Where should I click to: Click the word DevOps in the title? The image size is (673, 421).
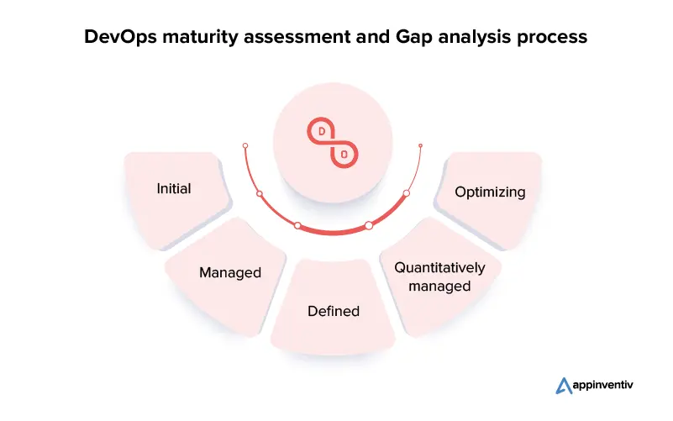tap(121, 36)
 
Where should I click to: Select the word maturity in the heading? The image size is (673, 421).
tap(200, 37)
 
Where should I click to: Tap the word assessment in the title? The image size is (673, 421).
tap(297, 37)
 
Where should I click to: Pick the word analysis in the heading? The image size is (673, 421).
tap(475, 37)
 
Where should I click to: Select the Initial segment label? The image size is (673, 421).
tap(174, 188)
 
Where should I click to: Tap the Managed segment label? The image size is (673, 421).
tap(230, 272)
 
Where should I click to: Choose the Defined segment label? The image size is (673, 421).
tap(334, 311)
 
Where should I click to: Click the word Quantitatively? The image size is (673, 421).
tap(439, 268)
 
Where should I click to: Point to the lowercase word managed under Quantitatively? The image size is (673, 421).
tap(439, 287)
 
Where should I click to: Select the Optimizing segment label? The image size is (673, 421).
tap(490, 192)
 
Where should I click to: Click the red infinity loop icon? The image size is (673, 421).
tap(333, 143)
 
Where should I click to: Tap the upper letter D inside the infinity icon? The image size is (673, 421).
tap(322, 131)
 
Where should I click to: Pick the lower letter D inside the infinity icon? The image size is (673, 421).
tap(344, 154)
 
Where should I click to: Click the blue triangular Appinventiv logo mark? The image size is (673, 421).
tap(564, 386)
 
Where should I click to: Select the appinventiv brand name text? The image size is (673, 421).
tap(602, 386)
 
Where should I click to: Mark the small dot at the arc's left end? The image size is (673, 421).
tap(245, 146)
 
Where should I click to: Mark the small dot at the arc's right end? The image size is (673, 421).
tap(421, 146)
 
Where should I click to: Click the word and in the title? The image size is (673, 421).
tap(373, 37)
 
